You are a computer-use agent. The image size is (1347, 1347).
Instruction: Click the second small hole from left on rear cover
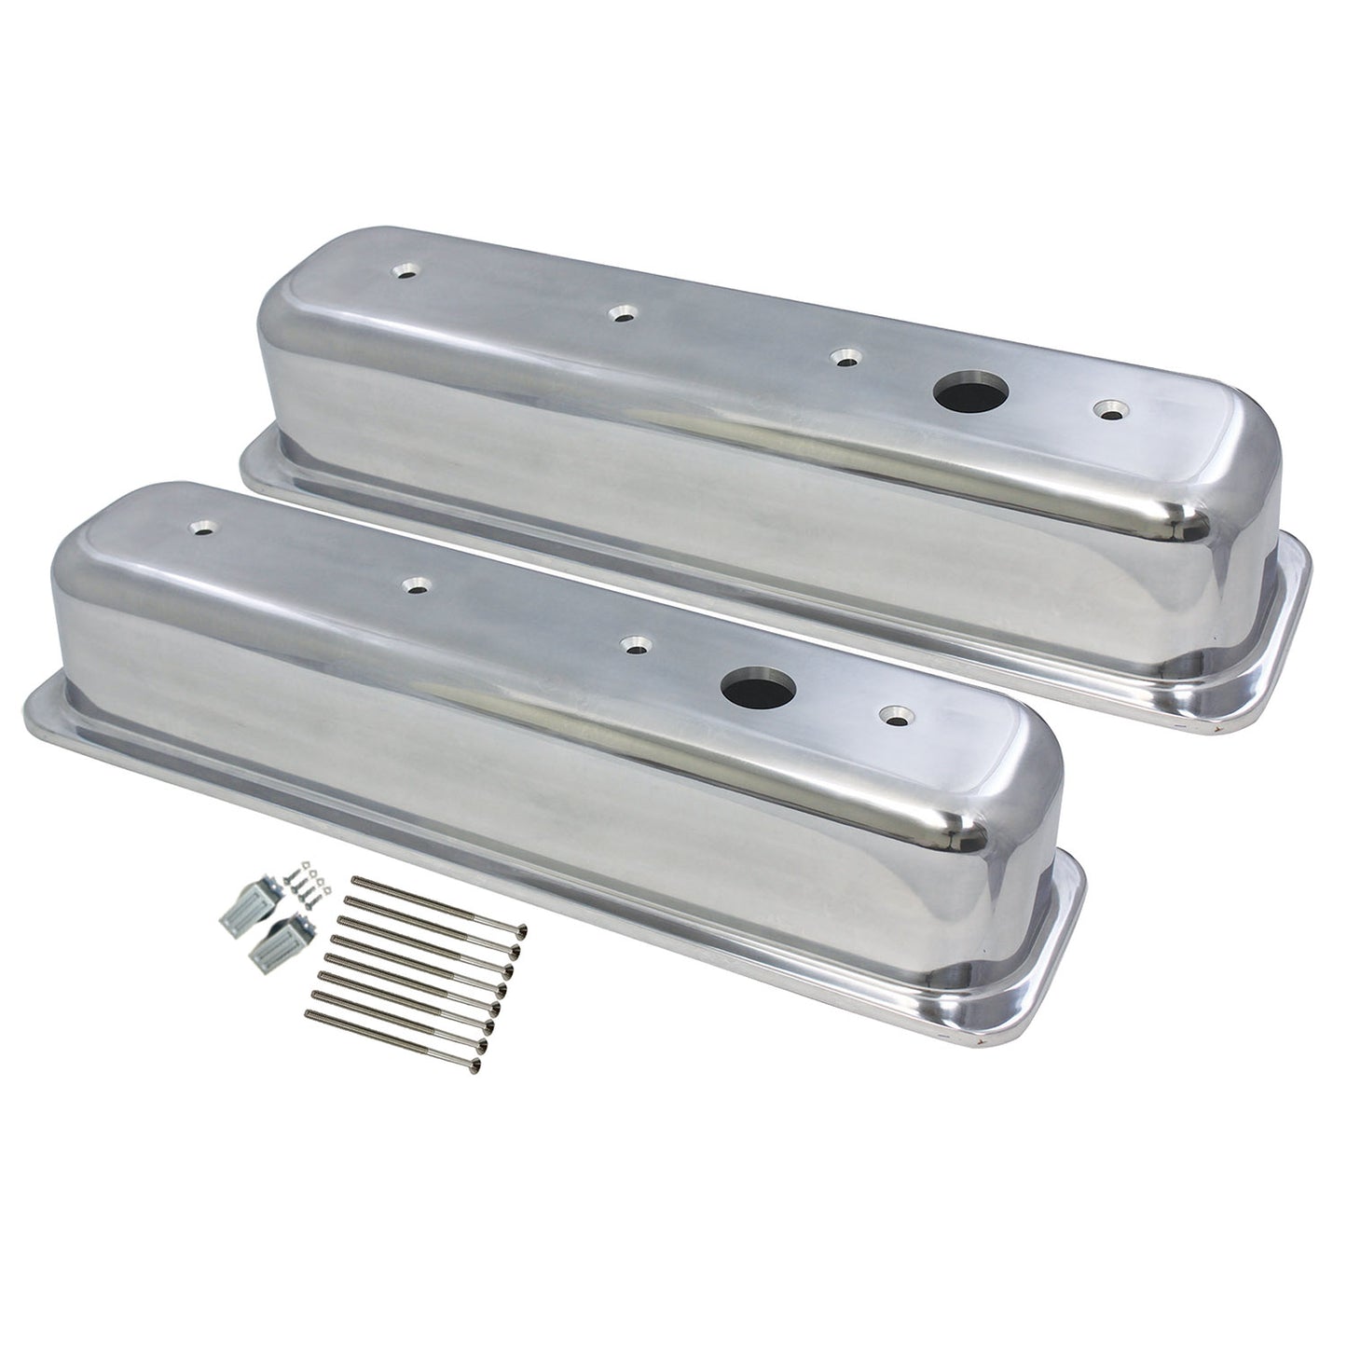point(619,315)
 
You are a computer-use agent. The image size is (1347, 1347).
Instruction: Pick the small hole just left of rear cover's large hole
point(845,358)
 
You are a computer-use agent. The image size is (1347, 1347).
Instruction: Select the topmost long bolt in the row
point(438,905)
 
